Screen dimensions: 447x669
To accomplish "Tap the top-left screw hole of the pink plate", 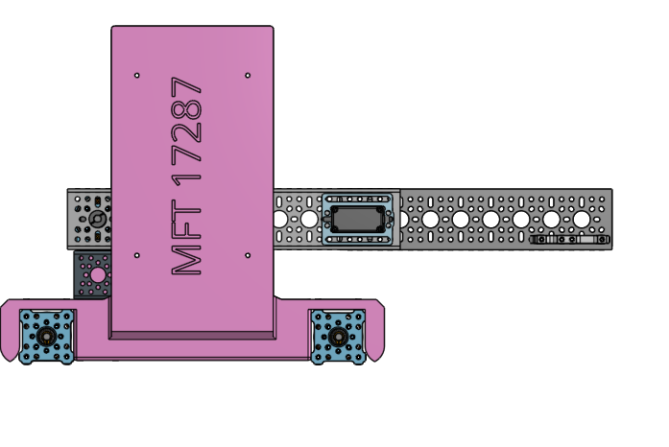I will [x=137, y=75].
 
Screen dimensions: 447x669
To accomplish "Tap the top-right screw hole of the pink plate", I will [x=248, y=75].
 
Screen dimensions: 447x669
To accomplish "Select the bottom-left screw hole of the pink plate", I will [x=137, y=255].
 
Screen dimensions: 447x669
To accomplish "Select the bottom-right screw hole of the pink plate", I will [x=248, y=255].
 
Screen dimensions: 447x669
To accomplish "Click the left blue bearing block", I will [x=46, y=336].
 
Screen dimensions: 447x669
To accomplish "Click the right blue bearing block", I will [x=338, y=336].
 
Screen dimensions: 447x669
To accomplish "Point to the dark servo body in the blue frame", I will [x=359, y=219].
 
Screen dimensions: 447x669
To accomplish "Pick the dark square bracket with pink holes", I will [x=93, y=275].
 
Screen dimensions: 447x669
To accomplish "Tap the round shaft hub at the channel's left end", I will [x=98, y=219].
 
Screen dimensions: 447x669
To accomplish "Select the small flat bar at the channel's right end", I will [x=569, y=240].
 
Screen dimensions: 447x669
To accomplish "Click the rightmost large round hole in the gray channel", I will [x=582, y=220].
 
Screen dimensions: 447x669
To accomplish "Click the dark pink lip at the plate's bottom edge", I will [x=192, y=335].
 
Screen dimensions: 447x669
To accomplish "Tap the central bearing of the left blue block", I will [x=46, y=337].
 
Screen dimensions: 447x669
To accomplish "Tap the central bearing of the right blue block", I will [x=338, y=337].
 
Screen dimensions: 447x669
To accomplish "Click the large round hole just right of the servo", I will [x=430, y=220].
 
